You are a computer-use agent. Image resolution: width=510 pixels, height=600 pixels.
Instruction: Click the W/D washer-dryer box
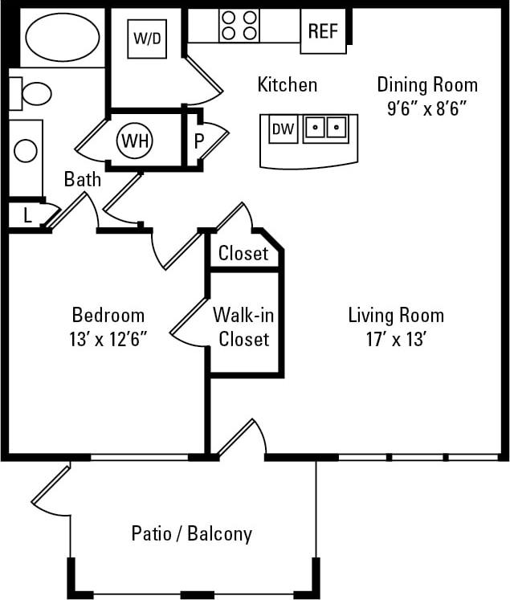pos(147,38)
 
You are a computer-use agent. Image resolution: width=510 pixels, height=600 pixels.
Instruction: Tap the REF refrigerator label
pos(323,31)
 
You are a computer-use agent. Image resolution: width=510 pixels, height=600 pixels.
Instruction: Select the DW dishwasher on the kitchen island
pos(281,129)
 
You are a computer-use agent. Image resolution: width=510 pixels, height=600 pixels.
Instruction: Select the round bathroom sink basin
pos(26,150)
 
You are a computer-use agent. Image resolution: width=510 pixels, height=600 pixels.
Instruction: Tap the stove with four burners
pos(239,25)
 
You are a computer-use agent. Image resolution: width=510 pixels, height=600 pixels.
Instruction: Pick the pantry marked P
pos(198,141)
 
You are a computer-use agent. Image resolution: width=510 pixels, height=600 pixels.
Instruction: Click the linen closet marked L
pos(27,215)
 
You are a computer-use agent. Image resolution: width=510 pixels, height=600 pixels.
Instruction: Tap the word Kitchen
pos(287,84)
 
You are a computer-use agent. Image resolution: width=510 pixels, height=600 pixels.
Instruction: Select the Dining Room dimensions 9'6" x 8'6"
pos(426,108)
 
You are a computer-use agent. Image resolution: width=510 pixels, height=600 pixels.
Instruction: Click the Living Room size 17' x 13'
pos(395,338)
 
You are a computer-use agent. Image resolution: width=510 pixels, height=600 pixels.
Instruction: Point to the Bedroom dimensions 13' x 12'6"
pos(108,338)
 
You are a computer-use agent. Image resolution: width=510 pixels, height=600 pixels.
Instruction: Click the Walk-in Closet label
pos(243,327)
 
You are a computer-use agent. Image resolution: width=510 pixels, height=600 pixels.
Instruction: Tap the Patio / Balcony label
pos(191,533)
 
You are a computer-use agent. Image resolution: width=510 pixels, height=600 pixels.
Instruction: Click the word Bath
pos(83,178)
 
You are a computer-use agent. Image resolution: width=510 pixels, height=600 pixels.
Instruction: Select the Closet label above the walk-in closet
pos(243,254)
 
